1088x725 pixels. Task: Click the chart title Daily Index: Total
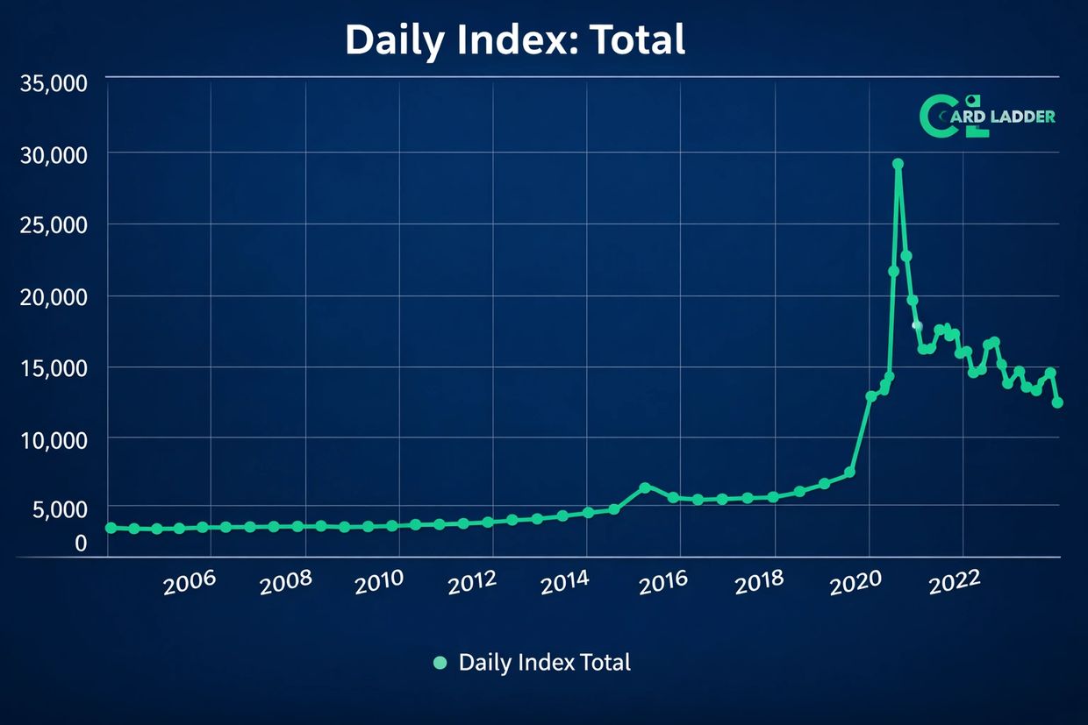coord(515,40)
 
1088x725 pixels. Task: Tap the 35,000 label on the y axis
coord(53,84)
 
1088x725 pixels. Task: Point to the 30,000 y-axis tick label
coord(53,154)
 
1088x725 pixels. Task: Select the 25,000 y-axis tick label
coord(53,225)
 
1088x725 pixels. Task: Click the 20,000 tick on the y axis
coord(53,297)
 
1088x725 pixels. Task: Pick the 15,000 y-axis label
coord(53,367)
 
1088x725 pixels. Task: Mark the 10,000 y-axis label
coord(53,438)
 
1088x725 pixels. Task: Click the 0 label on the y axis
coord(81,544)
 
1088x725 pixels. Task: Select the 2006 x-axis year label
coord(190,581)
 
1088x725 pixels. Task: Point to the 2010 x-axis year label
coord(379,581)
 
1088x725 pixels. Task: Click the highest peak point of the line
coord(898,164)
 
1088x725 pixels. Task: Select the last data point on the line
coord(1057,402)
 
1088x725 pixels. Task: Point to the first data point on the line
coord(111,528)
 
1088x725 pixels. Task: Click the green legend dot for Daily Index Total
coord(440,663)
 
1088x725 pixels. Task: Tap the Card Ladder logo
coord(986,116)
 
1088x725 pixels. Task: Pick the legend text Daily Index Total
coord(544,663)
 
